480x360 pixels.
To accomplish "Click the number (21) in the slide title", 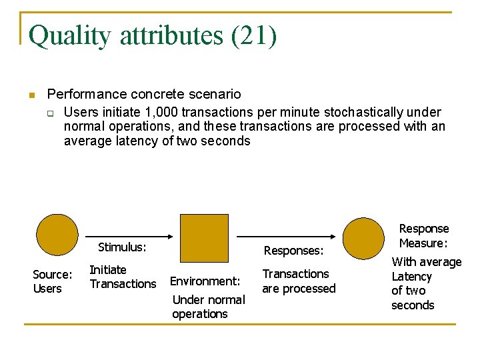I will (x=253, y=36).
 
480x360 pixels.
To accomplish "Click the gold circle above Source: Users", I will (x=57, y=235).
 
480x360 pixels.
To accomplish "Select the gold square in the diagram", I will (x=205, y=237).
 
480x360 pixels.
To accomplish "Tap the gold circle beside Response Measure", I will (x=363, y=239).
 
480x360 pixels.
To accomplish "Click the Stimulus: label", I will (x=122, y=247).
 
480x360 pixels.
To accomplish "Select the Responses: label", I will (x=293, y=251).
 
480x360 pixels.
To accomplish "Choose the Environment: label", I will (x=205, y=281).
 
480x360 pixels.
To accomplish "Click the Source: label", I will (x=53, y=274).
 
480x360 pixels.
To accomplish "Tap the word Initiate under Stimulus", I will (x=108, y=270).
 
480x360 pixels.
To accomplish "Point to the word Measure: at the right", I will (x=423, y=243).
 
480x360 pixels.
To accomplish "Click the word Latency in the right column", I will (x=412, y=277).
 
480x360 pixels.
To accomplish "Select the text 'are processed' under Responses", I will (x=299, y=289).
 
